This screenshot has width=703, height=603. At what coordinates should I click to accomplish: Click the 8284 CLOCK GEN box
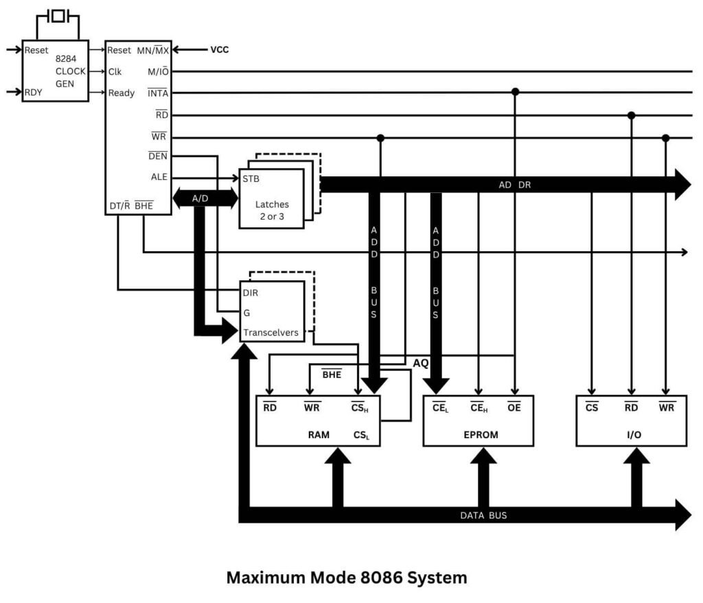tap(56, 71)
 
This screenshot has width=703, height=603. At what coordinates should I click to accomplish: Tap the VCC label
tap(219, 49)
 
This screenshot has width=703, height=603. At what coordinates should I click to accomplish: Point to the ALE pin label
tap(159, 177)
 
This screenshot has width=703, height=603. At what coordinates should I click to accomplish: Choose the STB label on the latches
tap(251, 179)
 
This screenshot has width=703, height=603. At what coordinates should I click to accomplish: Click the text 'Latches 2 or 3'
tap(272, 210)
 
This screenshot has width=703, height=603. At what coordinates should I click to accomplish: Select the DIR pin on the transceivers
tap(251, 292)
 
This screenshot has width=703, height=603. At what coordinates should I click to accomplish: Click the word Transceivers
tap(270, 332)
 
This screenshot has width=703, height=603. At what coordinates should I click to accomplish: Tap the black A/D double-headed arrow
tap(200, 198)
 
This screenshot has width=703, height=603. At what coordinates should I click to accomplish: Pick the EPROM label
tap(480, 435)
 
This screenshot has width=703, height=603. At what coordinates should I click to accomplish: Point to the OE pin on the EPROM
tap(514, 407)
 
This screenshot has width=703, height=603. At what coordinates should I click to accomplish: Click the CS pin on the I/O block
tap(592, 407)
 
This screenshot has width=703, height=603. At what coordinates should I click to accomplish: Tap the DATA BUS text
tap(483, 515)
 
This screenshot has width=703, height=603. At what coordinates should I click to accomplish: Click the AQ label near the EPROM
tap(420, 363)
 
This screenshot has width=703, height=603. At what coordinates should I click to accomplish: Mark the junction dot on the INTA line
tap(515, 92)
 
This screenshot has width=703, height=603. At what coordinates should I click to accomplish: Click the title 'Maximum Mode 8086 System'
tap(347, 578)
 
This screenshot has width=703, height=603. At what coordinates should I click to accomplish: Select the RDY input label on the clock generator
tap(33, 93)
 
